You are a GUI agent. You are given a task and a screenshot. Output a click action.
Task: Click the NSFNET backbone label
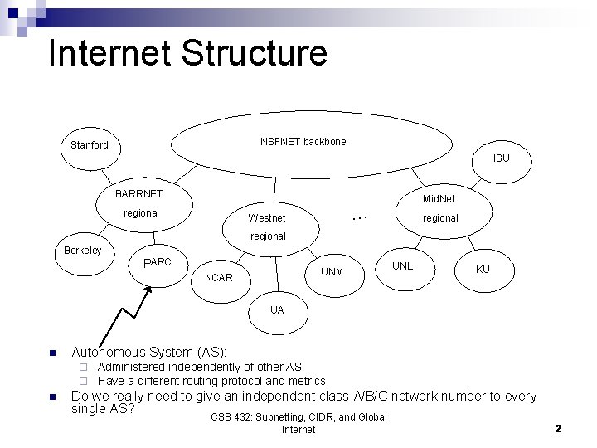click(303, 142)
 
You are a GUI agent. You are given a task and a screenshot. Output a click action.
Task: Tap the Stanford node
click(89, 145)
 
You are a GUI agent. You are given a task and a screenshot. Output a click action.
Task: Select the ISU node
click(501, 158)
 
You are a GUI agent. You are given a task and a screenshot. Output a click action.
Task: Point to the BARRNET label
click(139, 193)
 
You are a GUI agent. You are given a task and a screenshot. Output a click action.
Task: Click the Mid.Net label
click(439, 199)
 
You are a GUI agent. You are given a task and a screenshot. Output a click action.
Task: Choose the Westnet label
click(267, 218)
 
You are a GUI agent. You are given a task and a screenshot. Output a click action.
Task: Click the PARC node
click(157, 263)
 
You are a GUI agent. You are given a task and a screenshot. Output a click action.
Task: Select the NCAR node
click(218, 277)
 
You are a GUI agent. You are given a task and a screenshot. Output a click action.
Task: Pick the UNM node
click(332, 271)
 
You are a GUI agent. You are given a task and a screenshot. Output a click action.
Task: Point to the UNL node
click(402, 266)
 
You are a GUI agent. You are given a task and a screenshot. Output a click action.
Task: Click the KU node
click(483, 270)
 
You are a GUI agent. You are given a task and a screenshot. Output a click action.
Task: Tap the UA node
click(276, 309)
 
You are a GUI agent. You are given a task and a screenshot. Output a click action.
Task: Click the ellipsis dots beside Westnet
click(359, 217)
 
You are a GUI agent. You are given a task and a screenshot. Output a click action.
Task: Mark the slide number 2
click(558, 429)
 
